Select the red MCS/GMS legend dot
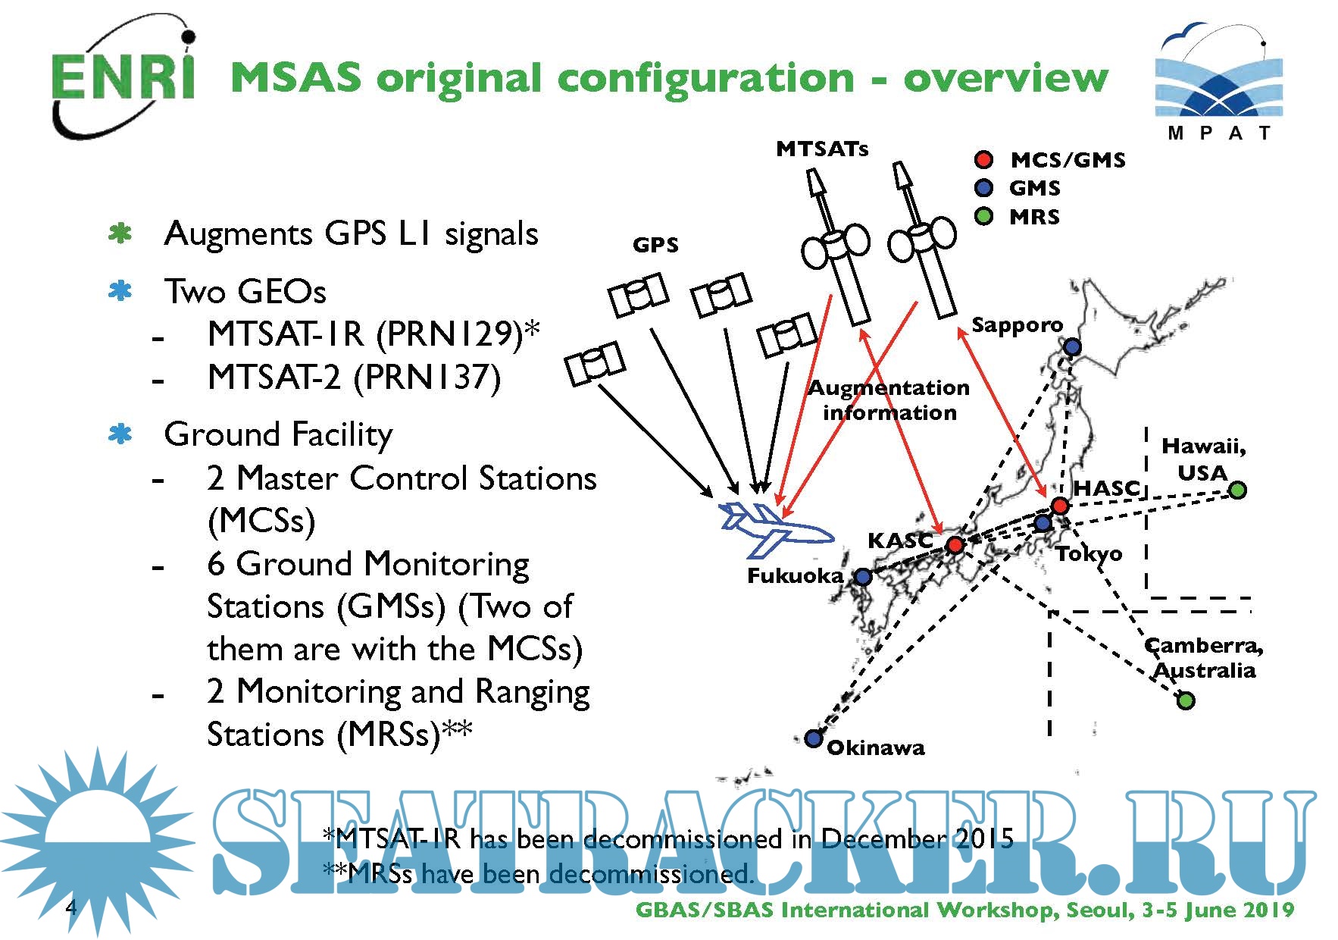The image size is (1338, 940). tap(983, 159)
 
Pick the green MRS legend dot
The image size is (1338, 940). tap(983, 217)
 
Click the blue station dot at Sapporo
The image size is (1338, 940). tap(1072, 347)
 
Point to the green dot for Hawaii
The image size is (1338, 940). tap(1236, 490)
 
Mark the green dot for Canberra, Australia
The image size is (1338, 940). tap(1186, 700)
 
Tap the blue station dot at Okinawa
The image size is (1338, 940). tap(813, 738)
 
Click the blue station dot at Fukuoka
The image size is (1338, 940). tap(863, 577)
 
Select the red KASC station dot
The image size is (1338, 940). tap(955, 544)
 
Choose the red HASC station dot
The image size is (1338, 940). tap(1059, 506)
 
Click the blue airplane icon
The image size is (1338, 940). tap(774, 528)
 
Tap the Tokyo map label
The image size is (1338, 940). tap(1089, 554)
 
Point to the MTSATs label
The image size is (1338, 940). tap(822, 149)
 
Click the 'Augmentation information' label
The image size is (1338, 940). tap(889, 400)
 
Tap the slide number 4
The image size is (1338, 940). tap(71, 907)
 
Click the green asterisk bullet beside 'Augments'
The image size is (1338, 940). tap(120, 233)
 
